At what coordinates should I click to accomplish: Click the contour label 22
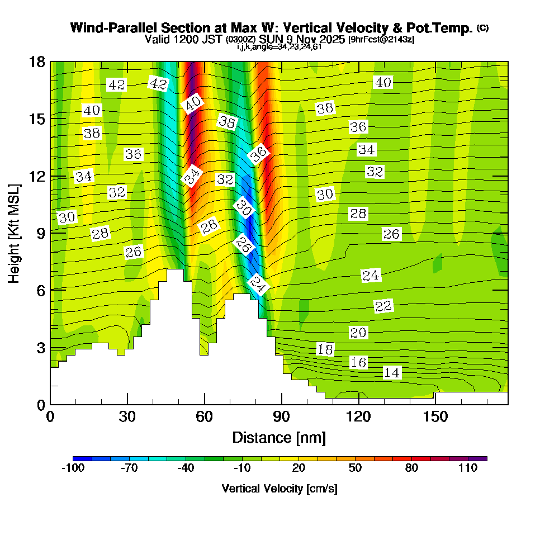coord(383,306)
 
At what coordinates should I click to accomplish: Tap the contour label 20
coord(358,333)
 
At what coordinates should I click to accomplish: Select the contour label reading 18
coord(325,350)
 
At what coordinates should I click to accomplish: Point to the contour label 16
coord(358,362)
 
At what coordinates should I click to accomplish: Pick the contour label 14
coord(392,373)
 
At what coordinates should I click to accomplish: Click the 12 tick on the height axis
coord(37,176)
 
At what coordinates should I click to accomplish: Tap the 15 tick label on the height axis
coord(37,119)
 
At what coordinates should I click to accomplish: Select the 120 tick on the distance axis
coord(358,416)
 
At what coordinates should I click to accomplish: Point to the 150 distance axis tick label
coord(435,416)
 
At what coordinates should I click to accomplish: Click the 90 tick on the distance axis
coord(282,416)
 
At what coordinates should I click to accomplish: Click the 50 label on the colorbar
coord(355,468)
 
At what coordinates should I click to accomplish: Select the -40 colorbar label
coord(186,468)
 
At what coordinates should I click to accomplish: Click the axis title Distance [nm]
coord(279,437)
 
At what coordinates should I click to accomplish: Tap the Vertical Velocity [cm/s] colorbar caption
coord(279,489)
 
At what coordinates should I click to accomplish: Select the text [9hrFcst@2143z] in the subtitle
coord(381,40)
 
